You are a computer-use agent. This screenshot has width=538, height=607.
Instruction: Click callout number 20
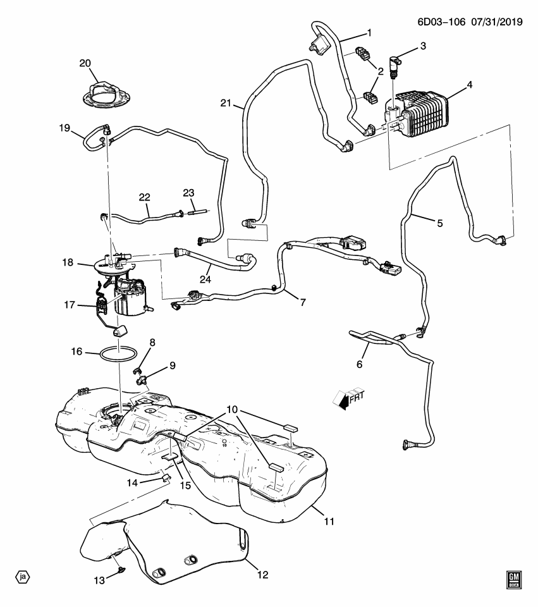pos(85,63)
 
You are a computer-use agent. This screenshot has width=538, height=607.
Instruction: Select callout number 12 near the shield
pos(262,575)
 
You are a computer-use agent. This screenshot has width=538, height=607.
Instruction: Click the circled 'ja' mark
pos(23,577)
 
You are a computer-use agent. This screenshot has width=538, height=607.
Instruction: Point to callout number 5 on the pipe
pos(439,223)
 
